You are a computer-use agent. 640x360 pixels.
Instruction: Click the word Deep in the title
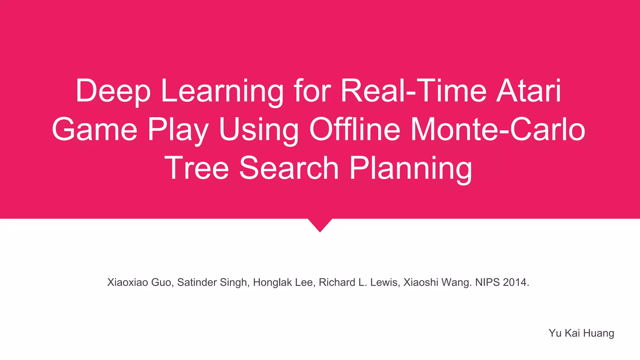(113, 91)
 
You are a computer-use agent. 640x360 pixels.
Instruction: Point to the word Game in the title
(95, 130)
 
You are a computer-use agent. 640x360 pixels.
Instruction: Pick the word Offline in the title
(355, 130)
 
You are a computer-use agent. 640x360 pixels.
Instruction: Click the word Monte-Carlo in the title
(497, 130)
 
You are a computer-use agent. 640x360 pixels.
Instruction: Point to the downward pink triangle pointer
(320, 224)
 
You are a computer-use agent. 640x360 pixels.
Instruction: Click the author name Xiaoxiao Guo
(140, 282)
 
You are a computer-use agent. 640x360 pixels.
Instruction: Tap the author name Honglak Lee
(283, 282)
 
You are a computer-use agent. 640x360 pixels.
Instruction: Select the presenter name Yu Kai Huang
(581, 333)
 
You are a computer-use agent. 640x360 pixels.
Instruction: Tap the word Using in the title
(259, 130)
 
